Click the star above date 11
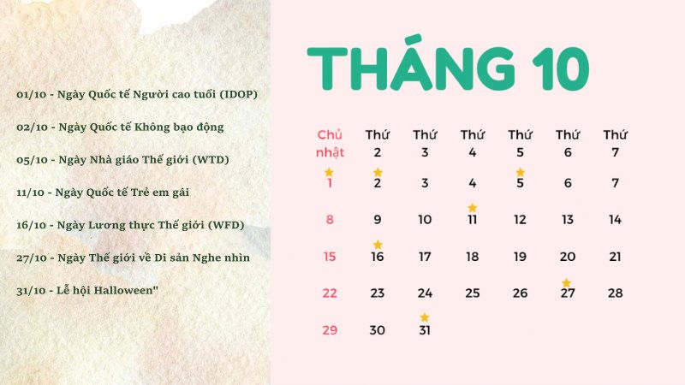[x=472, y=208]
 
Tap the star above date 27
[x=566, y=282]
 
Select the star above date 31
[x=425, y=318]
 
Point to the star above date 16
[x=378, y=246]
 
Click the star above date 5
[x=520, y=172]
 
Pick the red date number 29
[x=330, y=330]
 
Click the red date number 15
[x=330, y=257]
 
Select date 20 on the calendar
[x=568, y=257]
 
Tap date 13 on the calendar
[x=568, y=220]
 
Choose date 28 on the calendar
[x=615, y=293]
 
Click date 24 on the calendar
[x=425, y=293]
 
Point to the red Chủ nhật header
[x=330, y=144]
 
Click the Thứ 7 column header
[x=615, y=144]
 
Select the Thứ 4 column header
[x=473, y=144]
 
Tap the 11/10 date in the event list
[x=32, y=192]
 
